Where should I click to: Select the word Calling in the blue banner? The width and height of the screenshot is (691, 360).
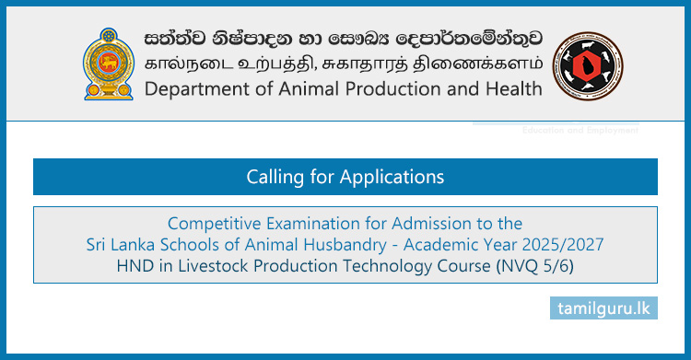pos(276,176)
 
